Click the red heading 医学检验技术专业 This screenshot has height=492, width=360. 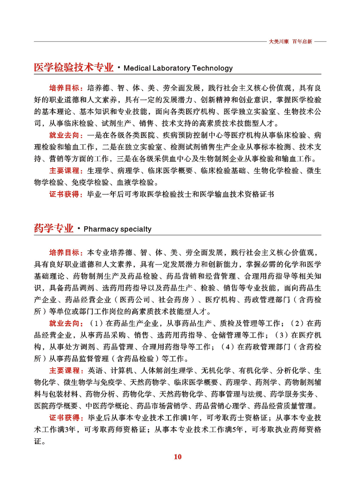(73, 68)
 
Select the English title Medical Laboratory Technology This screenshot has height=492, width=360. (178, 68)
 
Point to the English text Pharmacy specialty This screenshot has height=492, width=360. (117, 230)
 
